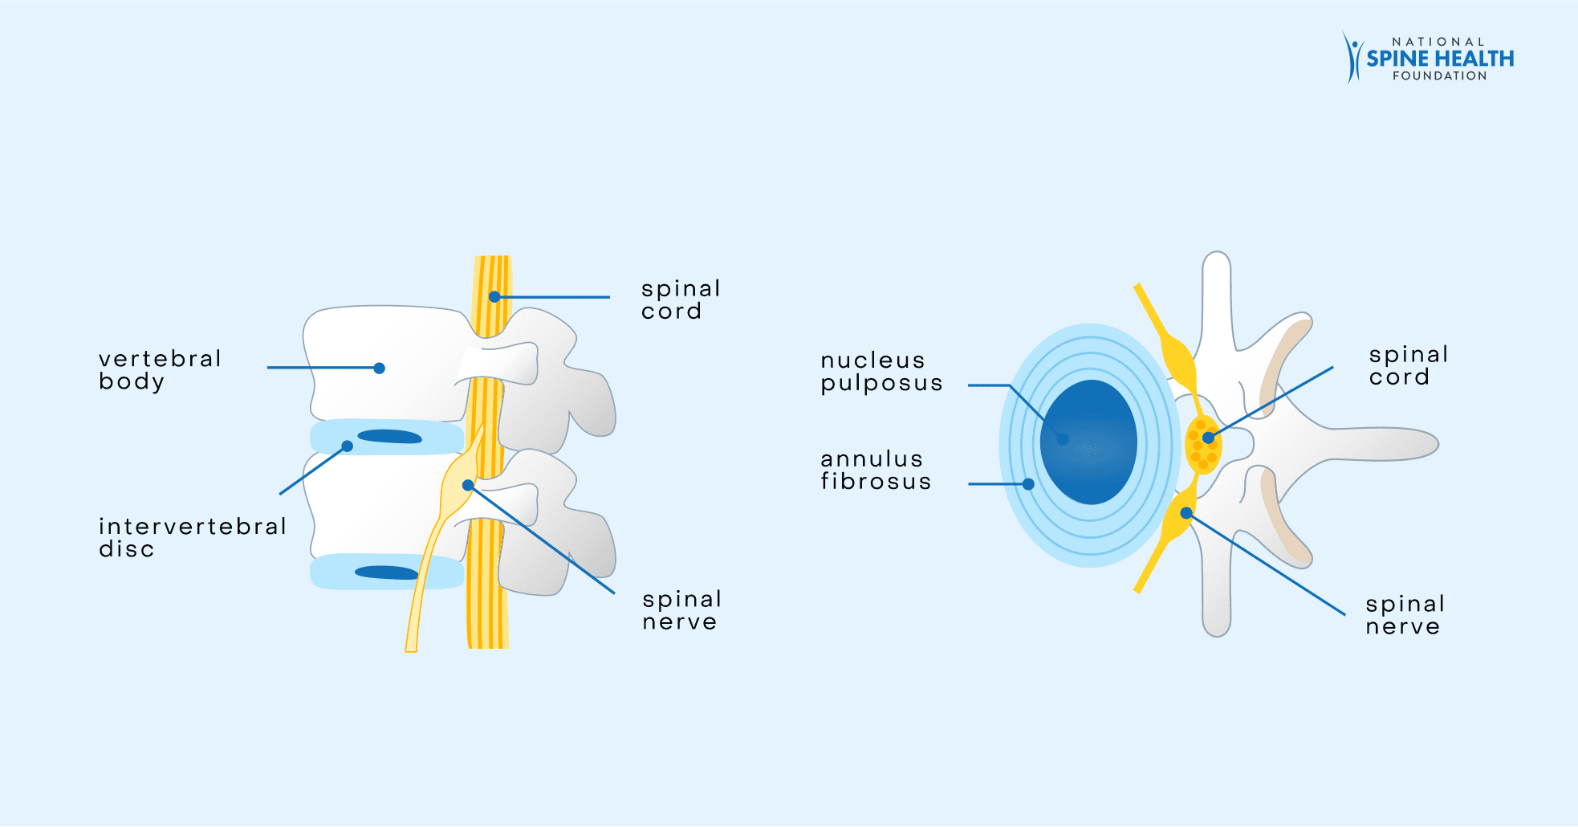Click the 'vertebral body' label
coord(160,369)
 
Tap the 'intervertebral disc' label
coord(192,537)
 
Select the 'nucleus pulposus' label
coord(881,371)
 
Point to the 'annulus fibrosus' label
coord(876,470)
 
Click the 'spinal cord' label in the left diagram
coord(680,299)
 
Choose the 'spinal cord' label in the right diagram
coord(1408,365)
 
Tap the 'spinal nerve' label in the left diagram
coord(681,610)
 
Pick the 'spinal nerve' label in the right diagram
coord(1405,615)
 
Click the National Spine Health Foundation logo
coord(1429,58)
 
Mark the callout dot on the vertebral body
coord(380,369)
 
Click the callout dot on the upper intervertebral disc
coord(348,446)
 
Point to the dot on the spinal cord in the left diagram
coord(494,297)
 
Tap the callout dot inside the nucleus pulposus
coord(1063,439)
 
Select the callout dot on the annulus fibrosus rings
coord(1028,484)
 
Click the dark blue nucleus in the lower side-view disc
coord(386,572)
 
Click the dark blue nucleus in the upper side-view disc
coord(390,437)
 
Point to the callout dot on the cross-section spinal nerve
coord(1186,513)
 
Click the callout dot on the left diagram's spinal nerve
coord(468,486)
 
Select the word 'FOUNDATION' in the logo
coord(1439,76)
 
